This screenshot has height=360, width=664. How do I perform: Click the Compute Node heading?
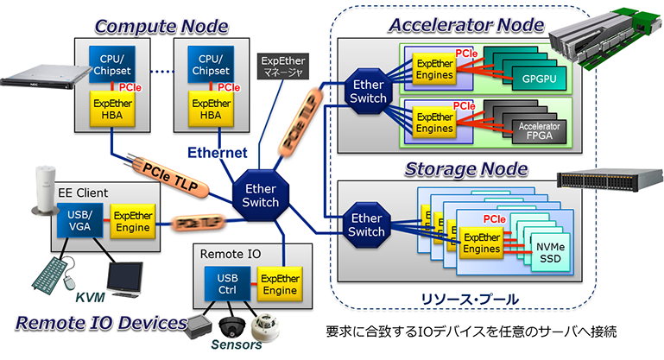tap(161, 26)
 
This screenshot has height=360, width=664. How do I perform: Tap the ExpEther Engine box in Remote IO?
tap(279, 284)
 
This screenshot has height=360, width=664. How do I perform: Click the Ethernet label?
tap(218, 153)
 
